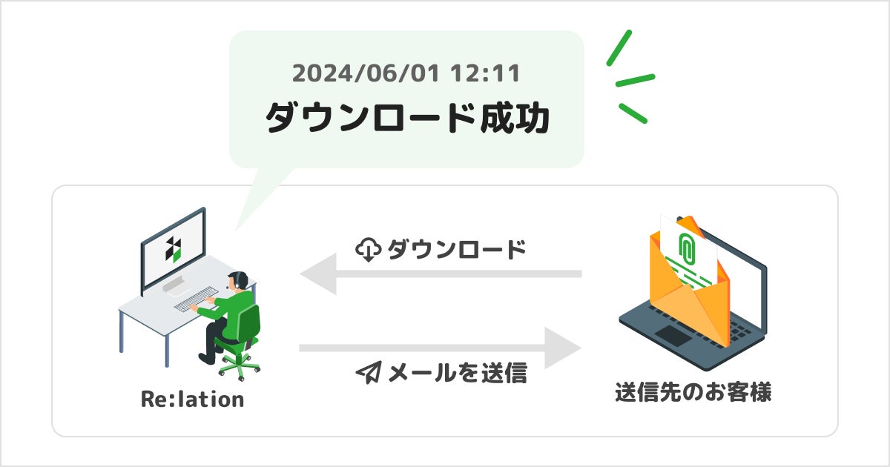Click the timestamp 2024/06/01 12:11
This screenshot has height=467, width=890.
click(406, 73)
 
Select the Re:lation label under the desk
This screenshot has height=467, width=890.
click(192, 400)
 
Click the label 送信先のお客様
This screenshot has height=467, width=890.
click(693, 392)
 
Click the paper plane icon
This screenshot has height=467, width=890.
click(368, 373)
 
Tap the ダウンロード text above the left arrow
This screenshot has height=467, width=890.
click(456, 250)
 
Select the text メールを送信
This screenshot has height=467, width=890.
click(458, 373)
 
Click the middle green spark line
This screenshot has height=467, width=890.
click(635, 79)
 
